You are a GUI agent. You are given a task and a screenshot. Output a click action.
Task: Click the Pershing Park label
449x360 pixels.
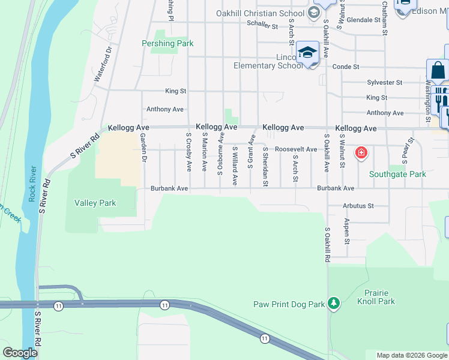167,43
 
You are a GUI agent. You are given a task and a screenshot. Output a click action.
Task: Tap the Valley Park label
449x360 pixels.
95,203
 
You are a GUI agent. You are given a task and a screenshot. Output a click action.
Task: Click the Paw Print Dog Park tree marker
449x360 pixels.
334,304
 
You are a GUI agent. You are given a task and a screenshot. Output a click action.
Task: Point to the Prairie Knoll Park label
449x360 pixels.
379,297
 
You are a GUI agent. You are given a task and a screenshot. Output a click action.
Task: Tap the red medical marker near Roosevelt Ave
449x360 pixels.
361,152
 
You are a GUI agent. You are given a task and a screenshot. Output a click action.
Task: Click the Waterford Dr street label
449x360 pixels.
103,65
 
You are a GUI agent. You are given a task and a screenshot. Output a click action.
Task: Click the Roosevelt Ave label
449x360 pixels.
296,149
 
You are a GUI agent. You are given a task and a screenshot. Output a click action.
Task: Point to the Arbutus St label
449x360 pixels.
358,206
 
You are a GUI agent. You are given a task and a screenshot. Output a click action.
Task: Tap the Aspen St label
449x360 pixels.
347,232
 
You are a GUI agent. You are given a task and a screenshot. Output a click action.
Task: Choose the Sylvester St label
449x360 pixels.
384,82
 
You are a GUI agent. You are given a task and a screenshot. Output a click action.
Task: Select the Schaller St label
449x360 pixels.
262,26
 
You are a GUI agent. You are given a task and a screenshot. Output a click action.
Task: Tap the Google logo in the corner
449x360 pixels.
19,353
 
